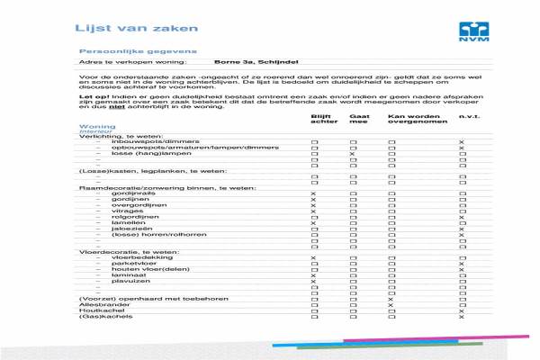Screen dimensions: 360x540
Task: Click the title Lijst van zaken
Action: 116,28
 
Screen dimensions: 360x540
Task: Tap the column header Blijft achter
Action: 321,120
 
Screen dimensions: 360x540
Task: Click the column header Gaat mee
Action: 357,120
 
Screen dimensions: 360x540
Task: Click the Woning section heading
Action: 97,127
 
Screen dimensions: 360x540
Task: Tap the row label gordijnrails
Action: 131,193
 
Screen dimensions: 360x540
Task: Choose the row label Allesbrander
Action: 101,305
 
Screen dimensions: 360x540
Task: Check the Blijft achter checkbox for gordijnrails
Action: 314,193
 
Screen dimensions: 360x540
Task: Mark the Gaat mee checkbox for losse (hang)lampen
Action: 353,155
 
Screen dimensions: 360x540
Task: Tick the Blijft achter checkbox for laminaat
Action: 314,274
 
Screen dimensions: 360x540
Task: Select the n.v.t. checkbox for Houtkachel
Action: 462,310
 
